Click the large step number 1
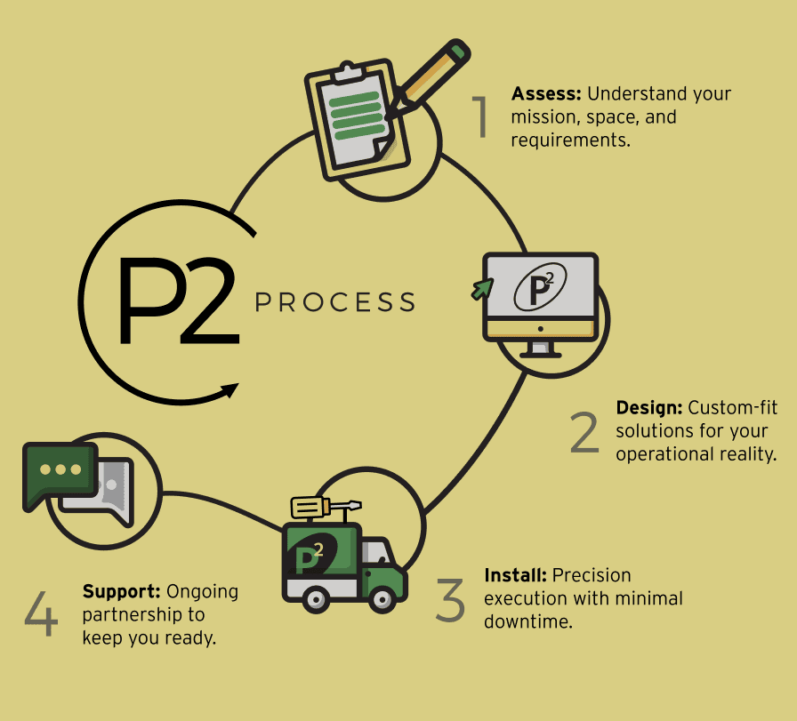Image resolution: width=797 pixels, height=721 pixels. point(480,118)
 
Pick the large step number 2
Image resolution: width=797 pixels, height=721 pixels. point(584,432)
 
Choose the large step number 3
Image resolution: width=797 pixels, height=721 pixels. point(451,600)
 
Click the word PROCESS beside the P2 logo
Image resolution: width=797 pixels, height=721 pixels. point(335,303)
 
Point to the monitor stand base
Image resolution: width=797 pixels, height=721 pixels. point(541,352)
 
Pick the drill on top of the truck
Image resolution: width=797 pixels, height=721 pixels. point(322,507)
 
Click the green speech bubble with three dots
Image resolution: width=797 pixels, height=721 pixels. point(60,472)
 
